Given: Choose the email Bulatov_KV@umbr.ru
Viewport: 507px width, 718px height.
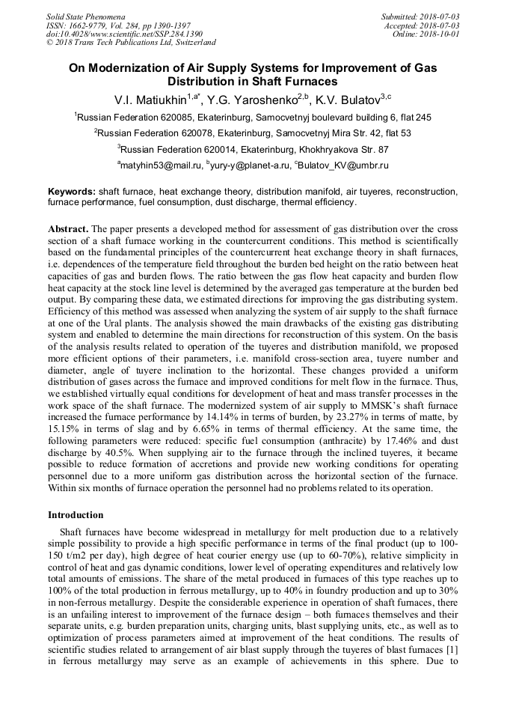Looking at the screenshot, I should [343, 165].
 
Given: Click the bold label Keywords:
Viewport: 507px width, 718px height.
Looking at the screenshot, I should [72, 192].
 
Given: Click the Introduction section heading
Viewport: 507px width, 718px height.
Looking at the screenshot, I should [76, 515].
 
